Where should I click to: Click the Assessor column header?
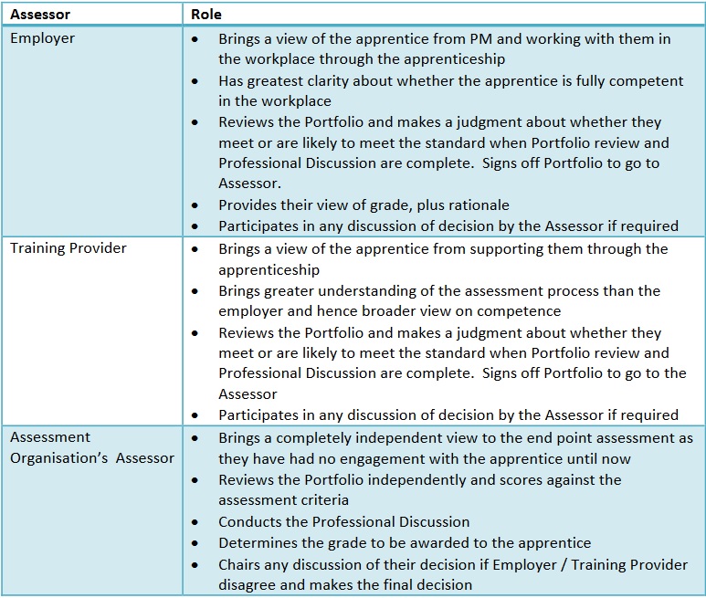(41, 15)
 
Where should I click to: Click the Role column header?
(205, 15)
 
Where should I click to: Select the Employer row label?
(42, 39)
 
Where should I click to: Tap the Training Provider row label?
(68, 248)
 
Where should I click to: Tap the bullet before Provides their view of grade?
(196, 205)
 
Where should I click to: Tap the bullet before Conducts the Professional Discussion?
(196, 522)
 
